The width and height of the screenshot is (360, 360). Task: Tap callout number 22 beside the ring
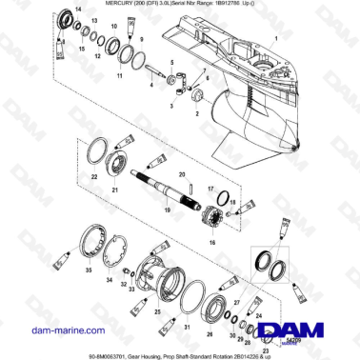(94, 176)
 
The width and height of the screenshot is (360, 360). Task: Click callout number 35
(88, 270)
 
